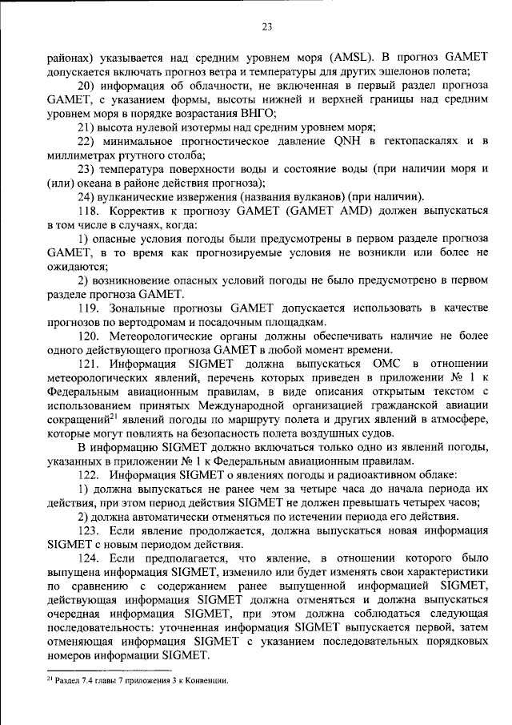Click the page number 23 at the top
266,26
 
